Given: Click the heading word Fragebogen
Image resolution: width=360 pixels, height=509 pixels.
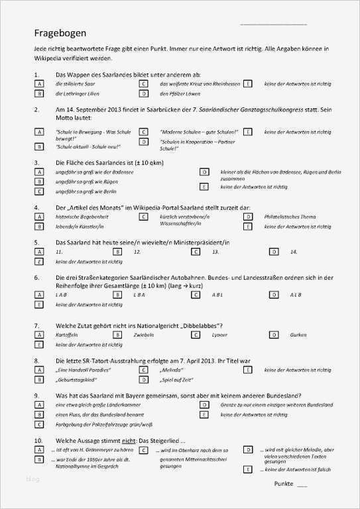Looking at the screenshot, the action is click(x=60, y=33).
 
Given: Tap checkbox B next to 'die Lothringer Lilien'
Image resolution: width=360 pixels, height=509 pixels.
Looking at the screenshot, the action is click(x=39, y=94).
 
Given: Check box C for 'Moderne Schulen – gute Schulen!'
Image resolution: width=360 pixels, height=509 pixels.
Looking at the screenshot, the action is click(x=143, y=133).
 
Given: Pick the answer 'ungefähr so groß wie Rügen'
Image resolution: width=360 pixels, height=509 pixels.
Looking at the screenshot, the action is click(x=82, y=181).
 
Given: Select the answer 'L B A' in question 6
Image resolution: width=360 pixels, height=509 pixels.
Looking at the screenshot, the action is click(x=139, y=294).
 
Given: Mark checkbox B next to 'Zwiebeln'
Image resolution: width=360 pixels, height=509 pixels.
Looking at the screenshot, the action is click(x=117, y=335).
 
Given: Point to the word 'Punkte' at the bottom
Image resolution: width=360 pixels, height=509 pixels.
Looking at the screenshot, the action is click(x=284, y=483).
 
